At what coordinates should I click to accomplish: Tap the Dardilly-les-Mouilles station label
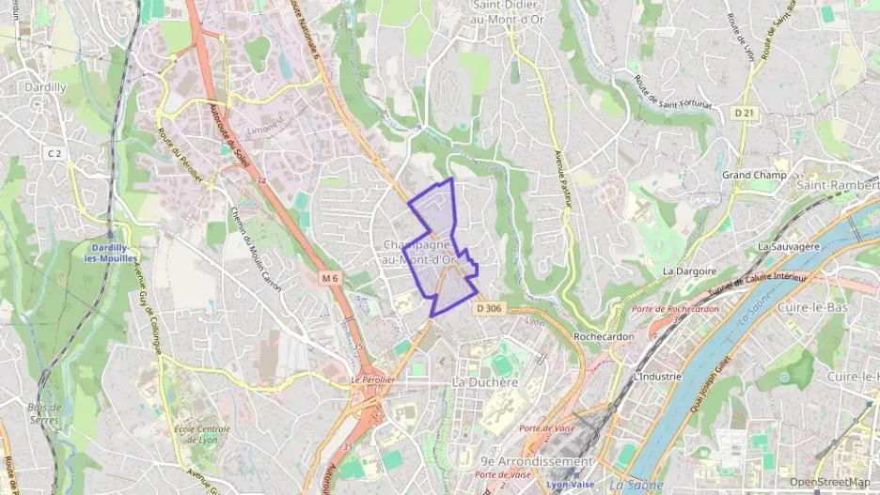(111, 252)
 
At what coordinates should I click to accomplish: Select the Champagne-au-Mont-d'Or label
(419, 252)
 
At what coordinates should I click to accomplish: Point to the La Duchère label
(485, 382)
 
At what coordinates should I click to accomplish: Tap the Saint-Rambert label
(838, 185)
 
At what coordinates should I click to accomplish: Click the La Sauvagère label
(789, 246)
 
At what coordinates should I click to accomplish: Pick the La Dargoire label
(690, 271)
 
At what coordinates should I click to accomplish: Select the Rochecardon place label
(603, 335)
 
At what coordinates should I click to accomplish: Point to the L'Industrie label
(657, 376)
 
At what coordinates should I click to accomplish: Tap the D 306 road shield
(489, 308)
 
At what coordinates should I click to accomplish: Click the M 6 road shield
(328, 278)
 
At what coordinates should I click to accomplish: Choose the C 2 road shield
(55, 153)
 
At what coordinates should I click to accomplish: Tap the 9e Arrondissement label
(536, 461)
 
